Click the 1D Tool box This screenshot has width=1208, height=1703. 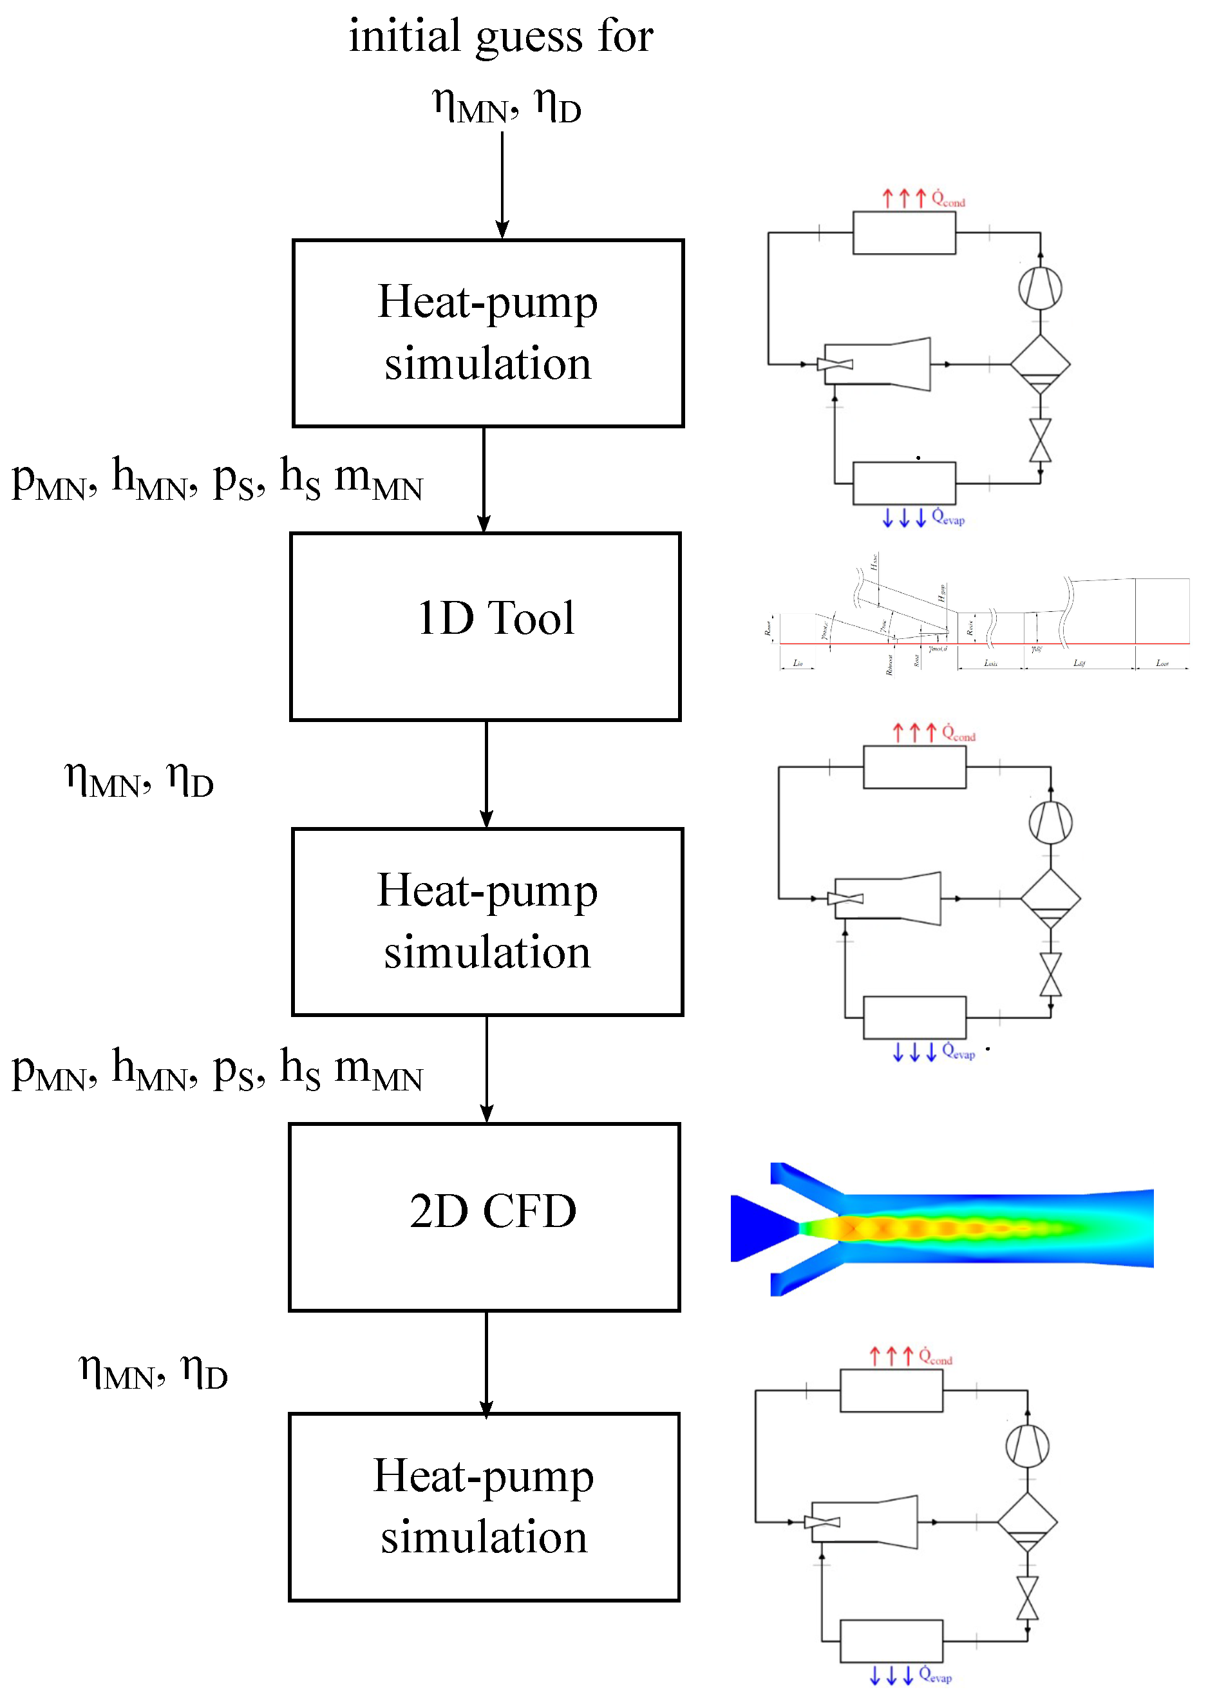tap(485, 627)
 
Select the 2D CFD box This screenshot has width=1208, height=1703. tap(484, 1218)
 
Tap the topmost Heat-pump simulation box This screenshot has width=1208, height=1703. tap(488, 333)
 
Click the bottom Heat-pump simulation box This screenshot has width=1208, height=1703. tap(484, 1507)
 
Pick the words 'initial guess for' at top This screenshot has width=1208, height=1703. tap(500, 35)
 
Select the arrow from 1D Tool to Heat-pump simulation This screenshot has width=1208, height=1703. tap(486, 774)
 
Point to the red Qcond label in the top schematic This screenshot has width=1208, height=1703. tap(948, 200)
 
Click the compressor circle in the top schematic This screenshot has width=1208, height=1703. tap(1040, 289)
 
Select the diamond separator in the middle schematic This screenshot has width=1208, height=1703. tap(1050, 899)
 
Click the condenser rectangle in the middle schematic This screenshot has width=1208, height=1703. tap(914, 767)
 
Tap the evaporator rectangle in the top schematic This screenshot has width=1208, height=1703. tap(904, 484)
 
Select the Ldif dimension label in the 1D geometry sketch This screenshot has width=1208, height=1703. tap(1079, 662)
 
